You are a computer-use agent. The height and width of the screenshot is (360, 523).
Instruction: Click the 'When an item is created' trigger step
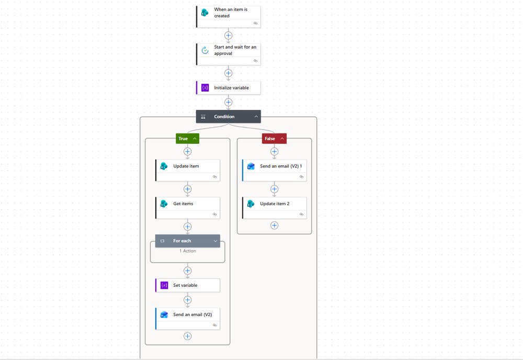tap(229, 17)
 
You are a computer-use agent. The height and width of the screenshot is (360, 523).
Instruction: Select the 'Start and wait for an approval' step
tap(229, 54)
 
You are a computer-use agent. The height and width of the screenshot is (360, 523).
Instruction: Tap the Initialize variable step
tap(229, 88)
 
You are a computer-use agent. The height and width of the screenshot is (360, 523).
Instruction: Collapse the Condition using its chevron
tap(256, 117)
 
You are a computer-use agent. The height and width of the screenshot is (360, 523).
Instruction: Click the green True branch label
tap(187, 139)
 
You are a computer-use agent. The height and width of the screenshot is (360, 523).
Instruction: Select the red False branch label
tap(274, 139)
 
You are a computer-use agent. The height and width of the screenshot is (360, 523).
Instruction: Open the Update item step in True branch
tap(188, 170)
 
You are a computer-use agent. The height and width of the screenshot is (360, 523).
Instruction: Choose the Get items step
tap(188, 208)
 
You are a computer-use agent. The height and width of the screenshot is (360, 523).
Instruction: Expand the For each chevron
tap(215, 241)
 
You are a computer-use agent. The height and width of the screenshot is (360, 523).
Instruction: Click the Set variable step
tap(188, 285)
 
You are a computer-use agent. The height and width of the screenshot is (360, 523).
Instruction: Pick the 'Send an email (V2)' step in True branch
tap(188, 319)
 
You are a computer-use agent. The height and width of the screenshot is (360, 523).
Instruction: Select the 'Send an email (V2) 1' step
tap(275, 170)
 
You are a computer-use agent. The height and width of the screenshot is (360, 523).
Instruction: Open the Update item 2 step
tap(275, 208)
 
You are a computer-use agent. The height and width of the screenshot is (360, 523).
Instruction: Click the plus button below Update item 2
tap(274, 226)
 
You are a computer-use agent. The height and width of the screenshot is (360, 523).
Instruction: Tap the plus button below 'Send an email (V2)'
tap(187, 336)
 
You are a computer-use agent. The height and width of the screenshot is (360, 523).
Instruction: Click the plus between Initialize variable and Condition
tap(228, 102)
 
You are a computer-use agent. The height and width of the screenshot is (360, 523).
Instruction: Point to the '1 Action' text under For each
tap(188, 251)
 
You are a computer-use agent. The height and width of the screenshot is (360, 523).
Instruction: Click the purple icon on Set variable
tap(164, 285)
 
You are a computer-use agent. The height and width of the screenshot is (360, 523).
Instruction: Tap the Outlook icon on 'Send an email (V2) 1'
tap(251, 166)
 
